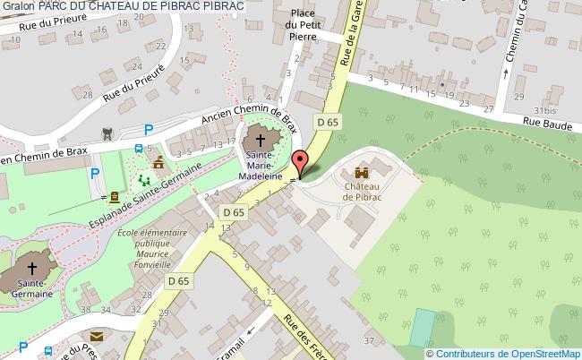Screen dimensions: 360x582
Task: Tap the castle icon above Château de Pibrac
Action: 362,172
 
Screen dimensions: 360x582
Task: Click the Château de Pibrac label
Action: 363,192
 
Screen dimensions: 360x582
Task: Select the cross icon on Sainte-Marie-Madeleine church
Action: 261,140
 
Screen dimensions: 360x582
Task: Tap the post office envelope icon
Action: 97,338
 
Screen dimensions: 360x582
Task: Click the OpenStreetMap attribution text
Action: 508,352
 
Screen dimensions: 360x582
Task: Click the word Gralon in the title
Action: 18,6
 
